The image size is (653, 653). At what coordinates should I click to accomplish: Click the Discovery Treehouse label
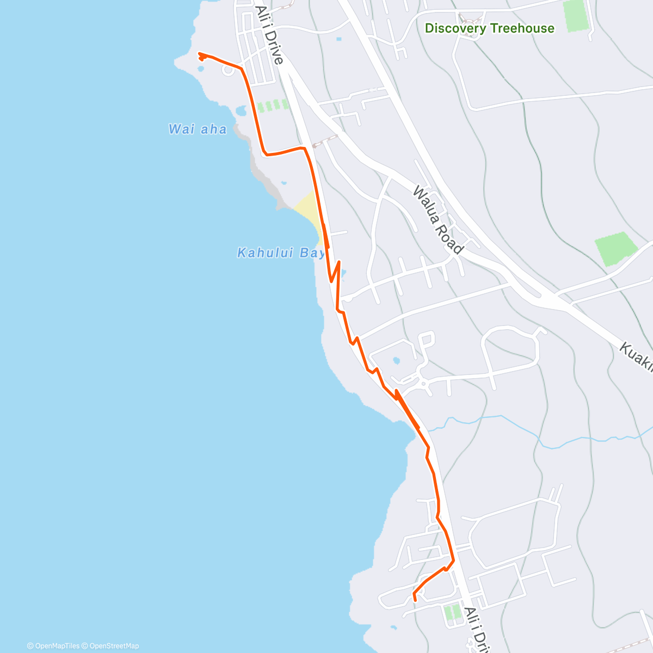click(489, 28)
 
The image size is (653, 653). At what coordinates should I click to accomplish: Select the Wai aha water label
click(198, 130)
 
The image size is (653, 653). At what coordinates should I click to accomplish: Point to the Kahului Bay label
click(281, 253)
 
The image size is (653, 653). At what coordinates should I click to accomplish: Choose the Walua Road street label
click(438, 220)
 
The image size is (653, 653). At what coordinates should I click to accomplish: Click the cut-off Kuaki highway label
click(637, 356)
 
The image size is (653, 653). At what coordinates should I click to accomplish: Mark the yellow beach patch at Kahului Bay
click(307, 210)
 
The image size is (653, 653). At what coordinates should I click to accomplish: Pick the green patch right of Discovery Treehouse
click(575, 16)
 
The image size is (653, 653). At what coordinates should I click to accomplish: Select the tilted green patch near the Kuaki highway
click(616, 248)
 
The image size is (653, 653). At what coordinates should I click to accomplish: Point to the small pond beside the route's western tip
click(201, 69)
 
